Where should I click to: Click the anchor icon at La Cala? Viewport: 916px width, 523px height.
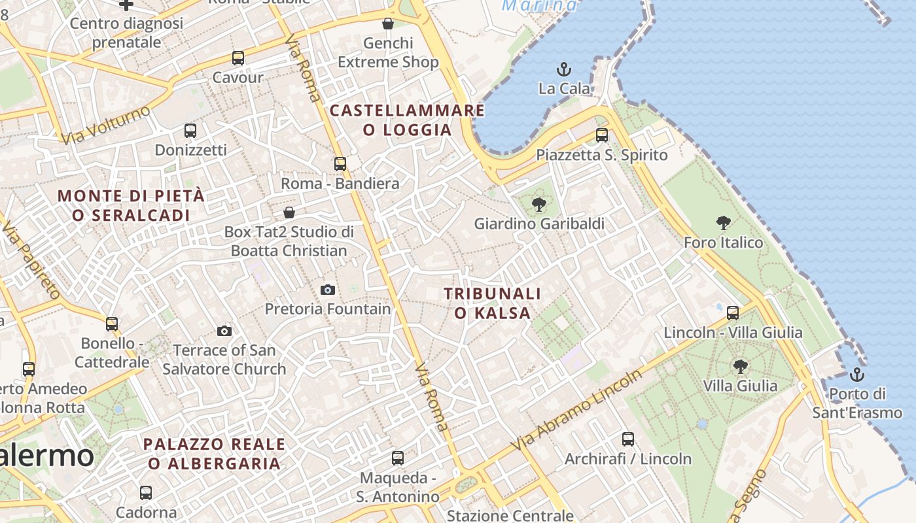(x=563, y=69)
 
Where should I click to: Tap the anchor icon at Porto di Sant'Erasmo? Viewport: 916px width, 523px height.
(x=856, y=375)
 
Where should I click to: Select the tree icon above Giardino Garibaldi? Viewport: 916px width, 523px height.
(x=539, y=205)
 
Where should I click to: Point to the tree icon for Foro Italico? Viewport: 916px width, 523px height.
(x=723, y=223)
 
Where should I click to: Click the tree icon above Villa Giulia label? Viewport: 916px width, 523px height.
(x=740, y=366)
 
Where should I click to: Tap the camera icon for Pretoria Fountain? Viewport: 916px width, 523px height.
(x=328, y=290)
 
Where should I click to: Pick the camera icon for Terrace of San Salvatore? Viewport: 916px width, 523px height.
(x=224, y=331)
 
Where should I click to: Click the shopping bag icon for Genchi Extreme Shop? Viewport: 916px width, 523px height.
(x=388, y=24)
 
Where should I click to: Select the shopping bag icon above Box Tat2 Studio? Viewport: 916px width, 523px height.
(x=289, y=212)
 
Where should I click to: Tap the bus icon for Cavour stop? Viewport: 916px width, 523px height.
(x=238, y=58)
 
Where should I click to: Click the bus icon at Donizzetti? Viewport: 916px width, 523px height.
(x=190, y=131)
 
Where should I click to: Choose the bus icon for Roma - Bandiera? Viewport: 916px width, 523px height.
(x=340, y=164)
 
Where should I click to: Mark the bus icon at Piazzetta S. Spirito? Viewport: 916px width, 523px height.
(x=602, y=136)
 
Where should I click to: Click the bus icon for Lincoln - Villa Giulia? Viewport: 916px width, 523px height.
(x=733, y=313)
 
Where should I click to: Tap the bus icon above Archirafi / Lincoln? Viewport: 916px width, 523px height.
(x=628, y=439)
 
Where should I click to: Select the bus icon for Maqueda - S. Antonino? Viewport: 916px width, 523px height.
(x=398, y=458)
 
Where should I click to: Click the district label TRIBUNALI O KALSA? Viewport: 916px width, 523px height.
(x=493, y=303)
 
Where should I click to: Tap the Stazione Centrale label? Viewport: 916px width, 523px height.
(x=510, y=516)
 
